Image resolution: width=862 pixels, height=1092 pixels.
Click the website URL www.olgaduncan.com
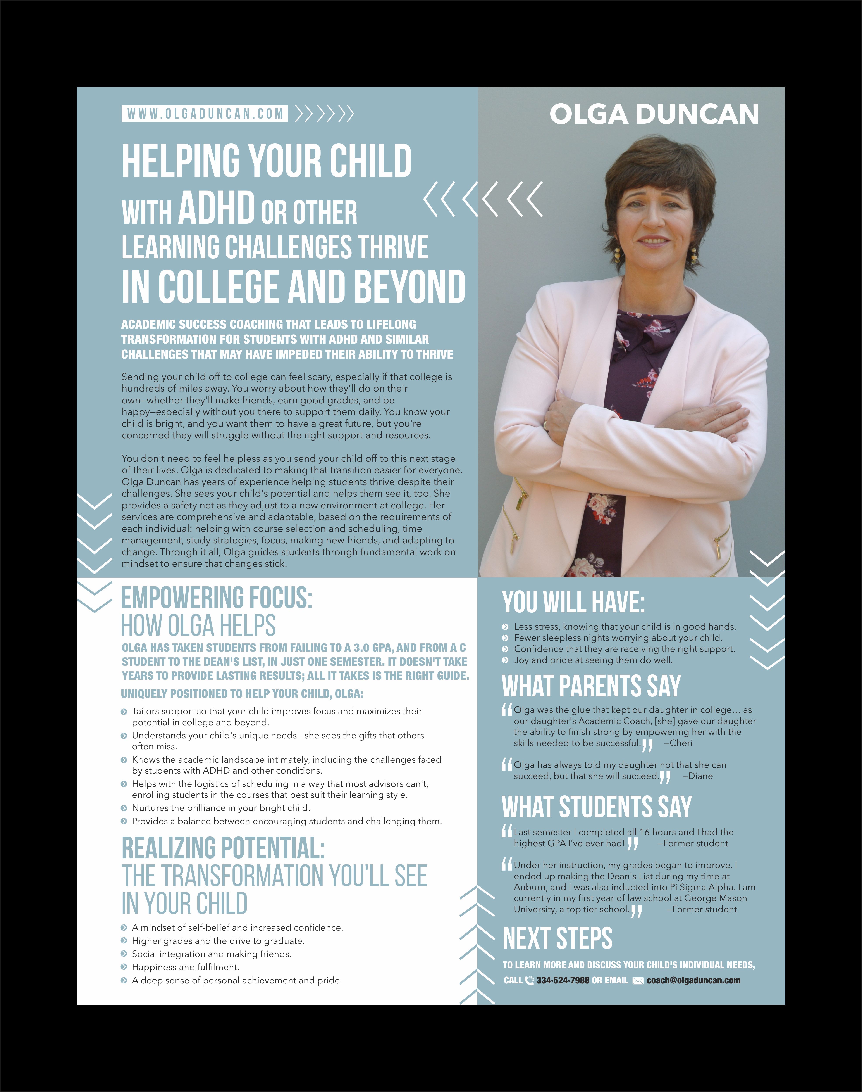[204, 114]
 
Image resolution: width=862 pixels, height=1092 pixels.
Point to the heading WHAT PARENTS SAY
[591, 686]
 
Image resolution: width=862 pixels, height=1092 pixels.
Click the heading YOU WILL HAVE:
[573, 602]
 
